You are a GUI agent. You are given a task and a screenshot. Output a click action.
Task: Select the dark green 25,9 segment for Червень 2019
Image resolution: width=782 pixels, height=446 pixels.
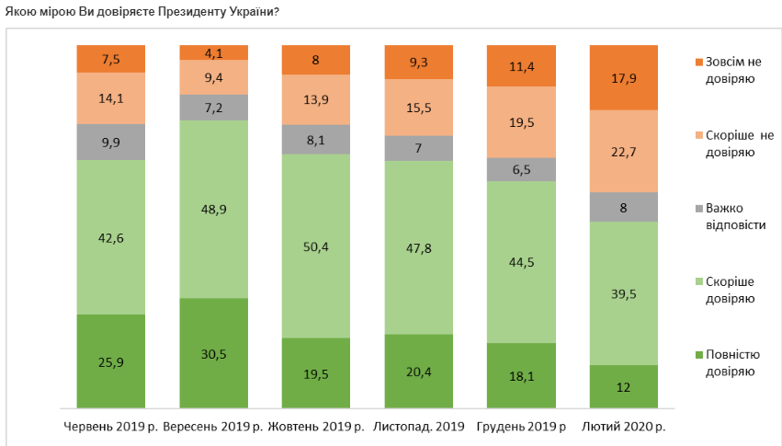111,360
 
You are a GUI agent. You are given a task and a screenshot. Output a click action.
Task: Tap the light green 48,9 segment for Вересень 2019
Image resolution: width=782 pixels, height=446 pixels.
213,209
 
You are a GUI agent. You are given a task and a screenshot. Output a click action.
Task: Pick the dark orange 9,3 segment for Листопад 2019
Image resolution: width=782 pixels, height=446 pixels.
418,63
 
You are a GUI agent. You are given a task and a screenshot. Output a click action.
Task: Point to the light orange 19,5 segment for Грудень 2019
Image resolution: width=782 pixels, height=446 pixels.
520,122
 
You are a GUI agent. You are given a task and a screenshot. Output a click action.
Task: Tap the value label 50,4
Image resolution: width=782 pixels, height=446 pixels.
315,246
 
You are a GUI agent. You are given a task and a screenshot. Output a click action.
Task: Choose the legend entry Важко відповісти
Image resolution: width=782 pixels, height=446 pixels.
730,216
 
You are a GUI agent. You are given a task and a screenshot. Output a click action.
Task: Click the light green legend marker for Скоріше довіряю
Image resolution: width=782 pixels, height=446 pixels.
700,280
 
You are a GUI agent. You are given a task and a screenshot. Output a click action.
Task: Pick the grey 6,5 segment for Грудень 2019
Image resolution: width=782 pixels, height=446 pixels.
520,169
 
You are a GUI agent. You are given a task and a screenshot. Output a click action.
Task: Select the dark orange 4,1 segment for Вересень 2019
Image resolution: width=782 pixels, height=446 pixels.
213,52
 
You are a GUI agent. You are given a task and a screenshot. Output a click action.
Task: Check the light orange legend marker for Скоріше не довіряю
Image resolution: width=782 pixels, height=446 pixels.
700,134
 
